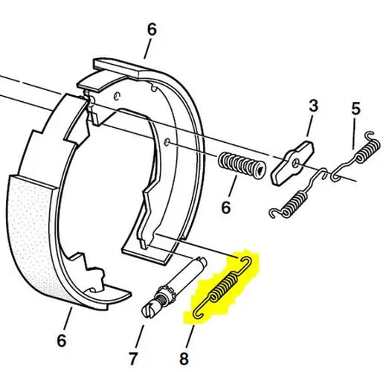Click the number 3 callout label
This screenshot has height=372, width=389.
(x=313, y=106)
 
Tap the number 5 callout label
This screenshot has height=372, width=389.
(x=356, y=109)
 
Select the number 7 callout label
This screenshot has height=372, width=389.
(x=133, y=358)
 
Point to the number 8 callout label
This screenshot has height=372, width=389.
(x=184, y=359)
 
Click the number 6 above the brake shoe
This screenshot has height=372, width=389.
(x=152, y=29)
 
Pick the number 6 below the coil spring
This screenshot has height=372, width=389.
(x=226, y=207)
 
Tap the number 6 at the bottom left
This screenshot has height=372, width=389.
(x=62, y=340)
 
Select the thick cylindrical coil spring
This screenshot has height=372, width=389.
(x=242, y=165)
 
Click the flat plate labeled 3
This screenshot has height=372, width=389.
(x=293, y=163)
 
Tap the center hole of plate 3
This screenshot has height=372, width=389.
(x=296, y=163)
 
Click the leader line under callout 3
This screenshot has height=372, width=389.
(x=310, y=126)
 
